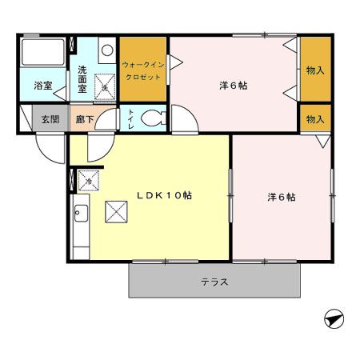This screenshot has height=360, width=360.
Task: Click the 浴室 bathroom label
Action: click(42, 85)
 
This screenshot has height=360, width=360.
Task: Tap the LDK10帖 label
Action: click(162, 194)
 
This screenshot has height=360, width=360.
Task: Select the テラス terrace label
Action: click(214, 282)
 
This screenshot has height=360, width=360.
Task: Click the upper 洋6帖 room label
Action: click(233, 85)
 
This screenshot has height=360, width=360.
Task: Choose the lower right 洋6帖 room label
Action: click(282, 197)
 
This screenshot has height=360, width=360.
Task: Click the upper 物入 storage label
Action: click(314, 70)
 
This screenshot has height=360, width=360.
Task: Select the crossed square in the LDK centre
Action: click(117, 211)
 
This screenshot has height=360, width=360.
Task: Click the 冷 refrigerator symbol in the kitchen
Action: click(88, 182)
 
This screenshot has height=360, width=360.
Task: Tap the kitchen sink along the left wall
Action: click(80, 214)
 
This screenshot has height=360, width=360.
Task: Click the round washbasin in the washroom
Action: click(107, 50)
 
